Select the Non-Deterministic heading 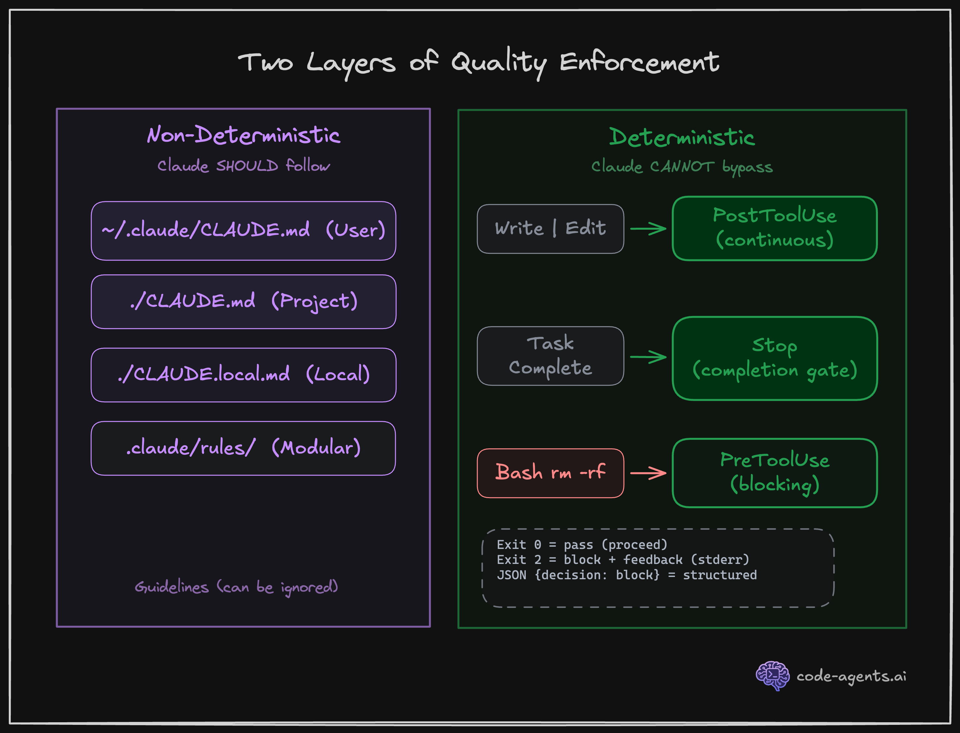click(x=243, y=135)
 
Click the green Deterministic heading click(x=682, y=137)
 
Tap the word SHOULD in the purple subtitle click(x=247, y=166)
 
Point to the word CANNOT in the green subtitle click(x=682, y=167)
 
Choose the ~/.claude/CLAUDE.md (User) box click(x=243, y=230)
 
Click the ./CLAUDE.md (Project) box click(x=243, y=301)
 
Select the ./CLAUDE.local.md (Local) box click(x=243, y=375)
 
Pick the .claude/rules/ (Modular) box click(x=243, y=448)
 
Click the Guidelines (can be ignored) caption click(x=236, y=587)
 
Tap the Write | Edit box click(x=551, y=229)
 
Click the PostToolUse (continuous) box click(x=775, y=228)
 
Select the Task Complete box click(x=551, y=356)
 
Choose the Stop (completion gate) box click(x=775, y=358)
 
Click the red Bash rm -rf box click(x=551, y=473)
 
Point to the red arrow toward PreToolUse click(x=648, y=473)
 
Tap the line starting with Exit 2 click(x=623, y=560)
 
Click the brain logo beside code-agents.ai click(x=772, y=675)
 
